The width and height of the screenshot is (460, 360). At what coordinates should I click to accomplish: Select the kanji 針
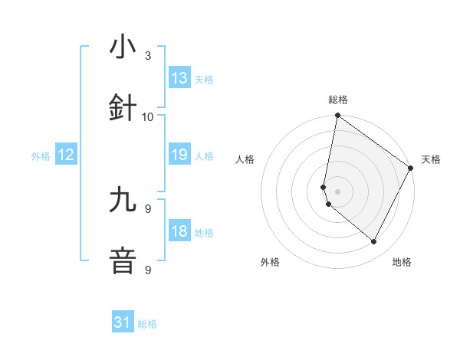pos(123,108)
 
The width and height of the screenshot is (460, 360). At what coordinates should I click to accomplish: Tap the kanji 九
pos(123,200)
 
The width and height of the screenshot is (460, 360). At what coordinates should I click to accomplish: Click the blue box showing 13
pos(179,78)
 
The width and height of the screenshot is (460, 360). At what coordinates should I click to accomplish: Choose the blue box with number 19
pos(179,155)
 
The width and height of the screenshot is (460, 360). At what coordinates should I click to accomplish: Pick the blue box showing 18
pos(179,232)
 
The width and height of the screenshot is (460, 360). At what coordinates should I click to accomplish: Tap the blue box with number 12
pos(66,155)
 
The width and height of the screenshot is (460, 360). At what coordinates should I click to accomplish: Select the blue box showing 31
pos(123,323)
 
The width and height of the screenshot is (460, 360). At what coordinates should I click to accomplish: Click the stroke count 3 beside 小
pos(148,56)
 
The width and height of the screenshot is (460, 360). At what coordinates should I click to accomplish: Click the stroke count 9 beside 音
pos(148,270)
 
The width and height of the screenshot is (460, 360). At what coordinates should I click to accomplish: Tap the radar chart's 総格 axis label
pos(338,100)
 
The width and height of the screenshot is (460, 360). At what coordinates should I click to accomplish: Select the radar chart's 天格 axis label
pos(431,159)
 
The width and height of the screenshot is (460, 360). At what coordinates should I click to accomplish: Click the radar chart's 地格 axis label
pos(402,262)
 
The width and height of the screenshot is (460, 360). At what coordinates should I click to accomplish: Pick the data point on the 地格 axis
pos(374,241)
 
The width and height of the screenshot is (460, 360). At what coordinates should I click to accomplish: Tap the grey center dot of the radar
pos(338,191)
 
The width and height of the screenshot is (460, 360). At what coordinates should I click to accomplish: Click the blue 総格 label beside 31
pos(147,324)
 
